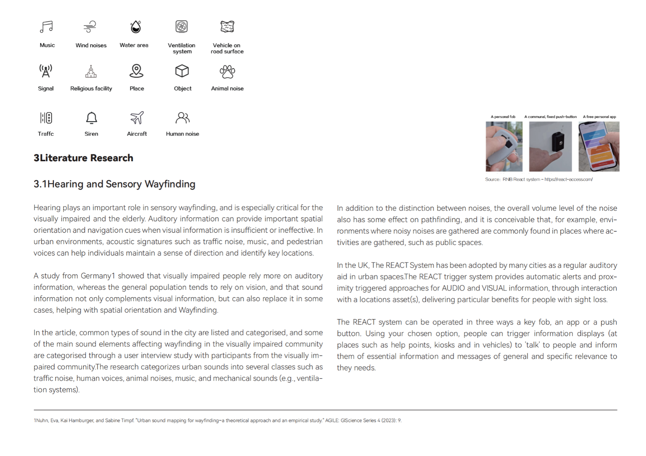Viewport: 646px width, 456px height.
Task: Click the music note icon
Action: coord(46,27)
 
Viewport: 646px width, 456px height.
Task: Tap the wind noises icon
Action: coord(90,27)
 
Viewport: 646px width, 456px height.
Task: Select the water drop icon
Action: coord(136,27)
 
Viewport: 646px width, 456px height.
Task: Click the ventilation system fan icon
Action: coord(182,27)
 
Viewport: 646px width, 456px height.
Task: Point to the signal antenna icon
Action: coord(46,71)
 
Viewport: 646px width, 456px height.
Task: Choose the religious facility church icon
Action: coord(91,71)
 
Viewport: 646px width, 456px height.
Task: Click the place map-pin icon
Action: coord(136,71)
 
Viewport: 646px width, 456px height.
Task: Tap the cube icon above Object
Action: coord(182,71)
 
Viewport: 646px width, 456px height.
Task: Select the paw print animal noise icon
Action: coord(227,71)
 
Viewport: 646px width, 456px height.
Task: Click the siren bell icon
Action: coord(91,118)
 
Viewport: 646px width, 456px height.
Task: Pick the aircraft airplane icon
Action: coord(137,118)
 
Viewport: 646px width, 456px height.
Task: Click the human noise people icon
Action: coord(182,118)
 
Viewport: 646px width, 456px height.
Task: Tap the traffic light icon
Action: coord(46,118)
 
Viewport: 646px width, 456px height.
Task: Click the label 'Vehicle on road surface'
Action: coord(227,48)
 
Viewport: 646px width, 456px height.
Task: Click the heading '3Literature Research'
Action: coord(83,158)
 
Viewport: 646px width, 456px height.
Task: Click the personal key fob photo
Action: coord(504,146)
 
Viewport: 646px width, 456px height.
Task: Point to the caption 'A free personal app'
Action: coord(599,117)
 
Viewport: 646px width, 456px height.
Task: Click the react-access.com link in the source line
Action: coord(568,180)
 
